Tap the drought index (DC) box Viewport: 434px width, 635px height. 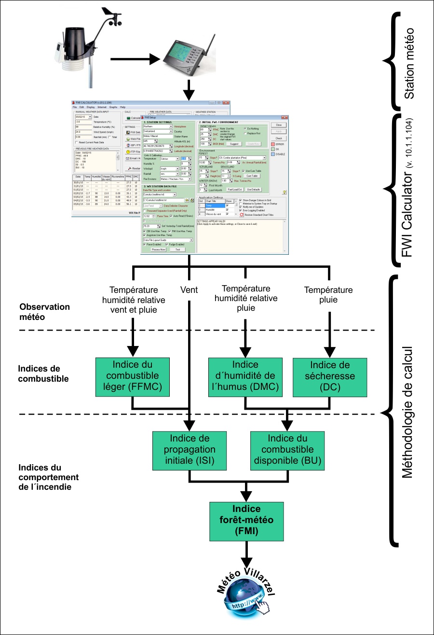329,376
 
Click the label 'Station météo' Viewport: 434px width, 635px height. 409,62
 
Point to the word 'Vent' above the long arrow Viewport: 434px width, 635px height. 190,290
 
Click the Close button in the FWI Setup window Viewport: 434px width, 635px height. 282,124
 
